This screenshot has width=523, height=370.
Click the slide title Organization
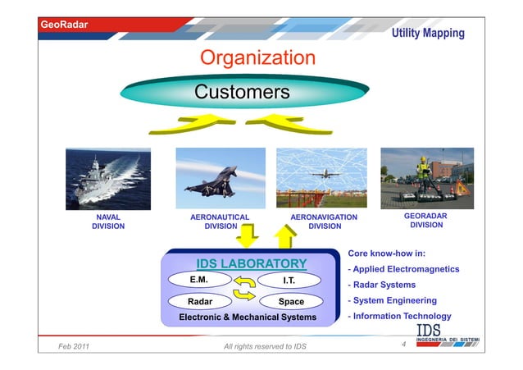(257, 58)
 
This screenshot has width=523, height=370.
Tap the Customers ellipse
(241, 91)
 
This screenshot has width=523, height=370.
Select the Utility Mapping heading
(427, 33)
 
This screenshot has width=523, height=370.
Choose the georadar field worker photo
(426, 176)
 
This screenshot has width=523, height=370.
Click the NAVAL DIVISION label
(108, 222)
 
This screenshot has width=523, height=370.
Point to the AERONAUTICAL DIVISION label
(220, 222)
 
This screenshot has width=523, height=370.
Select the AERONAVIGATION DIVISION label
(325, 222)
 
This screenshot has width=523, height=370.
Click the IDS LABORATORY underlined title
(251, 263)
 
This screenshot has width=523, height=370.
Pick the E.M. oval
(199, 280)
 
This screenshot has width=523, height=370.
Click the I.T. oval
(289, 281)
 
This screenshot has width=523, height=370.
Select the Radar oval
(201, 301)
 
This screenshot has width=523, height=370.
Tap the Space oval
(290, 302)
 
